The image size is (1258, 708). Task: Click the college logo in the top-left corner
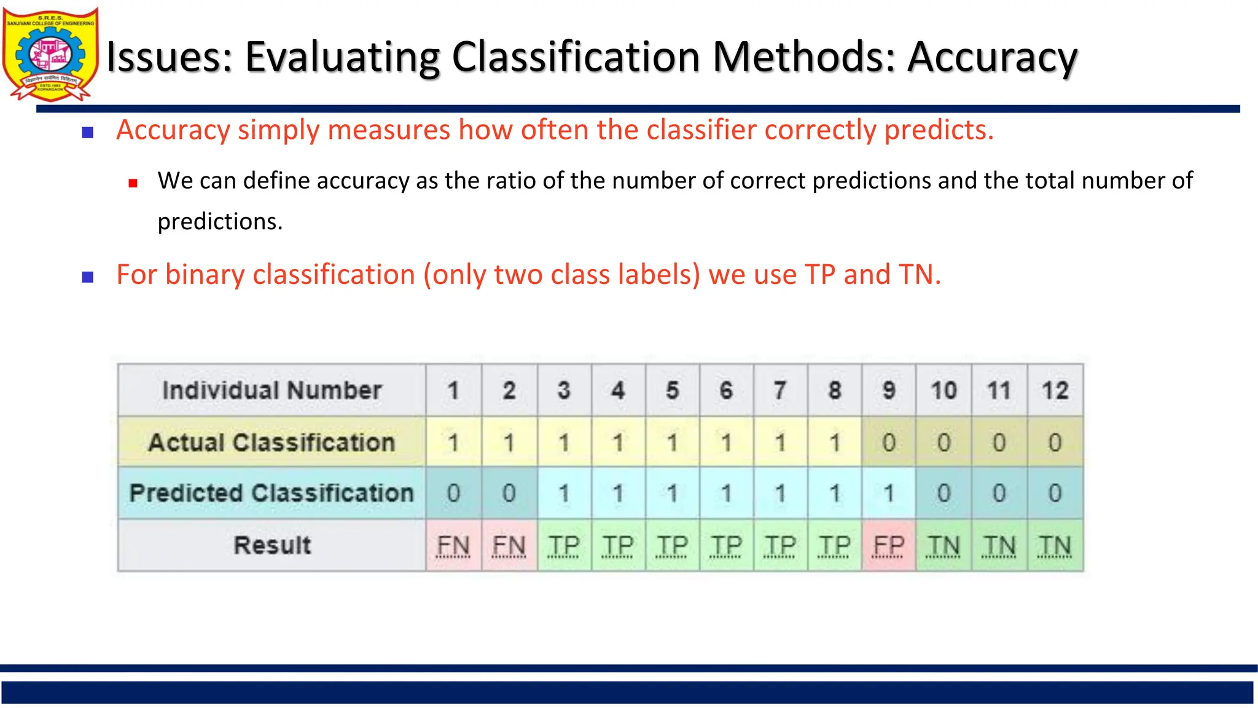pos(50,54)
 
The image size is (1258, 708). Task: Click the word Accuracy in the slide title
pos(992,57)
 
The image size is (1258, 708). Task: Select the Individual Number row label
pos(272,390)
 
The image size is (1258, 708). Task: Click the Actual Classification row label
pos(272,442)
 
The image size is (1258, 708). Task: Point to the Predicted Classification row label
pos(272,493)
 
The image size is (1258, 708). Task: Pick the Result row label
pos(272,545)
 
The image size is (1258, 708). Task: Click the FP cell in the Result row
pos(888,545)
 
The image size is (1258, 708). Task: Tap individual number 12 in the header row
pos(1055,390)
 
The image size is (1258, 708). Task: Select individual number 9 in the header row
pos(888,390)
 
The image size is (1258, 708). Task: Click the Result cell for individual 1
pos(453,545)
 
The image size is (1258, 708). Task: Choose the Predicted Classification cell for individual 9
pos(888,493)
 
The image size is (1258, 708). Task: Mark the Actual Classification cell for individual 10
pos(943,442)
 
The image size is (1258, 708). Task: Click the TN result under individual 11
pos(999,545)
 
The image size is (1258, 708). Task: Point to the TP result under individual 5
pos(672,545)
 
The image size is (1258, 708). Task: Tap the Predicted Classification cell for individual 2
pos(509,493)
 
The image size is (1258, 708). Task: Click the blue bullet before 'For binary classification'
pos(88,277)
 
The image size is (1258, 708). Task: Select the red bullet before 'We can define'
pos(133,183)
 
